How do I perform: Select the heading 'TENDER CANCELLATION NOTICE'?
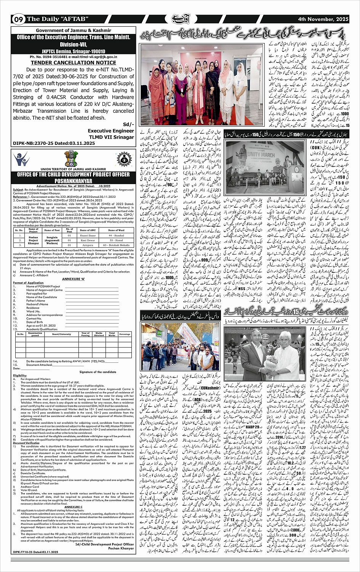pyautogui.click(x=74, y=62)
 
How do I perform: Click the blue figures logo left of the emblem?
pyautogui.click(x=21, y=159)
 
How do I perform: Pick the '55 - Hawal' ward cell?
pyautogui.click(x=116, y=241)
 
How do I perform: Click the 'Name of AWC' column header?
pyautogui.click(x=87, y=230)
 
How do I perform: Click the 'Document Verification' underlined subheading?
pyautogui.click(x=27, y=443)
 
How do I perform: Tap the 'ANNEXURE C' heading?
pyautogui.click(x=73, y=506)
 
